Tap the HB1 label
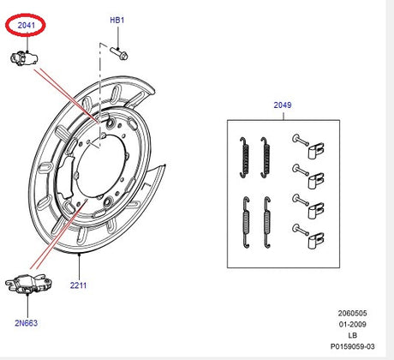pos(116,19)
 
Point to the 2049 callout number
pos(282,105)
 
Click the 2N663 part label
pos(26,323)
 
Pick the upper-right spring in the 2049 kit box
pos(266,154)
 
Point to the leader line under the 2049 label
pos(282,116)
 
